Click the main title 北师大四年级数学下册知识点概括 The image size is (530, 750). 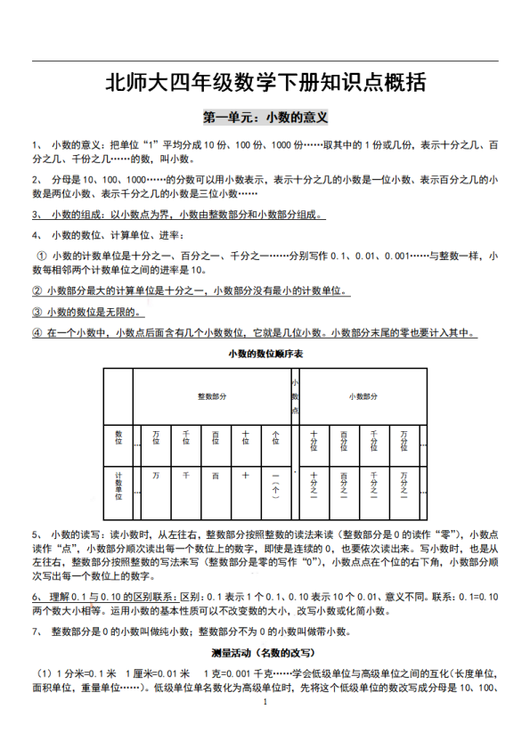click(x=265, y=85)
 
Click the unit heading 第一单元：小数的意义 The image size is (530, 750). click(x=265, y=117)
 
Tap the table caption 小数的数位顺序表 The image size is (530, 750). click(x=264, y=355)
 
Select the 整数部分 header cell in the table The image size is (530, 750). click(x=212, y=395)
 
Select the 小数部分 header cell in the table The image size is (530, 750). click(x=363, y=395)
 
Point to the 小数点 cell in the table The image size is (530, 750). click(x=295, y=395)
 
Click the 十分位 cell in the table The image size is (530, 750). click(x=314, y=439)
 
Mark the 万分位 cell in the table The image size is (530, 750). click(x=404, y=439)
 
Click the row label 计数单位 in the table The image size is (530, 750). click(x=118, y=485)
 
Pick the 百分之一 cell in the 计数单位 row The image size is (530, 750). click(x=344, y=486)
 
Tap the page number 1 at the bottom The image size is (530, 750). click(x=265, y=703)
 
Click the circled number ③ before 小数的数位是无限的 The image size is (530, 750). click(x=37, y=312)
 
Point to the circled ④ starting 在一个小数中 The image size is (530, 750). click(x=37, y=334)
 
